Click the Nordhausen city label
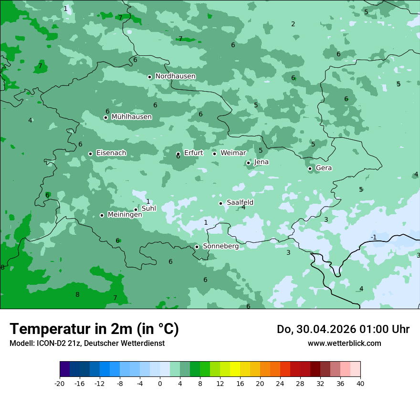point(175,76)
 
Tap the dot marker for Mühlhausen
point(105,117)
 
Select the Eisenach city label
point(111,153)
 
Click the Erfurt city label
point(194,153)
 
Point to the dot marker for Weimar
point(214,154)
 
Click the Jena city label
point(262,162)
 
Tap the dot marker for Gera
point(310,168)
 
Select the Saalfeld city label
point(240,203)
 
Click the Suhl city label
point(149,208)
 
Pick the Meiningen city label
point(125,215)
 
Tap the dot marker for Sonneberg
point(197,247)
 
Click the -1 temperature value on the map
point(374,237)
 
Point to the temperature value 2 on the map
point(293,24)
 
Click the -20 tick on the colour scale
point(60,384)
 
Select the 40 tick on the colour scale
point(360,384)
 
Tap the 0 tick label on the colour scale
point(160,384)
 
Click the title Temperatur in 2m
point(94,329)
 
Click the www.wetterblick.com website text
point(344,344)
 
